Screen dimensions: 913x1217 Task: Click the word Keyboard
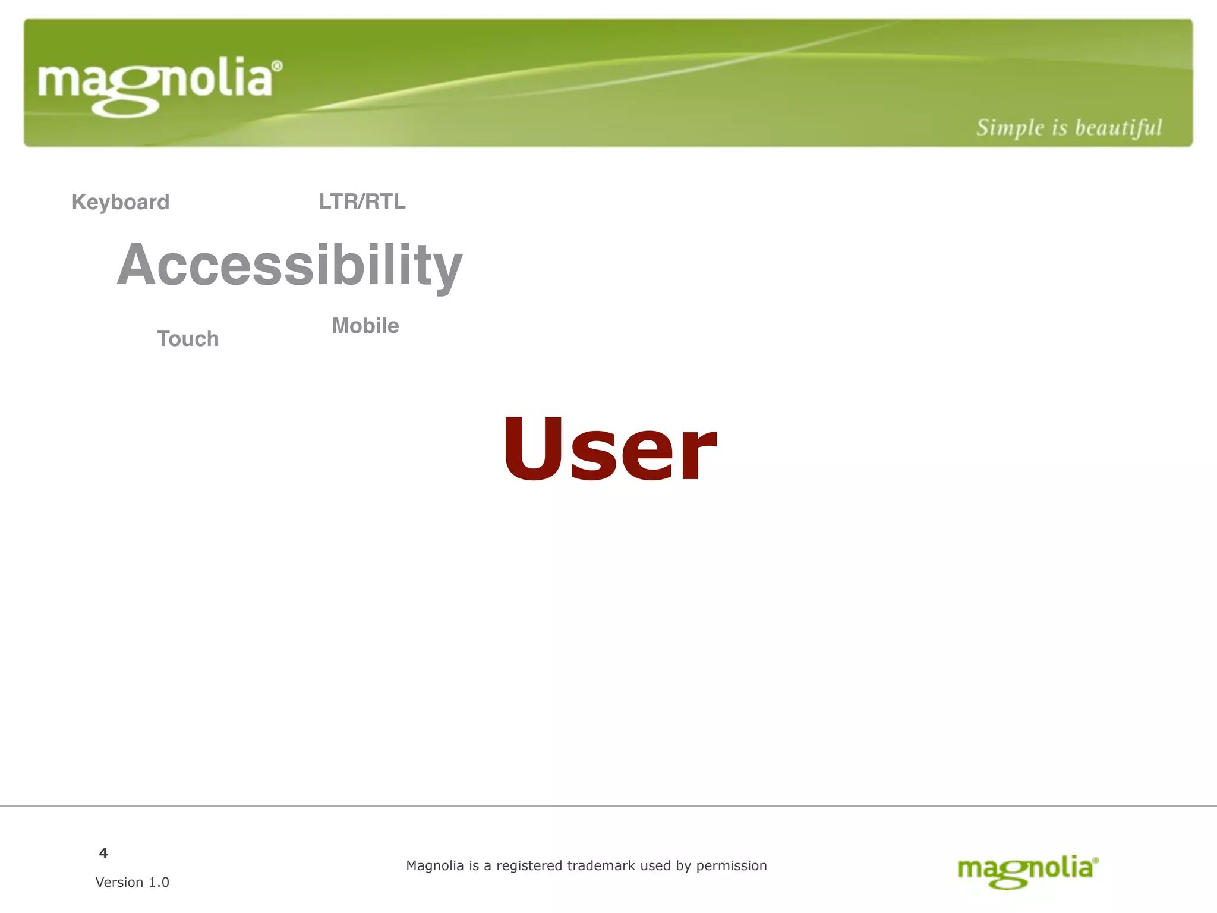(121, 202)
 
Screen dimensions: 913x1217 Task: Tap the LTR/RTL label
(362, 202)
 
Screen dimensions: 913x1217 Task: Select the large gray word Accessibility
(289, 265)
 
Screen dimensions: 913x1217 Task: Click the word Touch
(188, 339)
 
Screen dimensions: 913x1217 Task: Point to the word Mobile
(365, 326)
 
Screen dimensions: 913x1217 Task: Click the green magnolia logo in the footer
(1027, 871)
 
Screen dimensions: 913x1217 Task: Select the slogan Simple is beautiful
(1068, 128)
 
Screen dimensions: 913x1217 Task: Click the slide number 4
(103, 853)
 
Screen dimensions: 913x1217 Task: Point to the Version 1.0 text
(132, 882)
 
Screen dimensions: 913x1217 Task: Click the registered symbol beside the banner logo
(277, 66)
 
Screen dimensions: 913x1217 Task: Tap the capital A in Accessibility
(138, 265)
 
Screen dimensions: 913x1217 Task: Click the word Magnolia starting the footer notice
(434, 866)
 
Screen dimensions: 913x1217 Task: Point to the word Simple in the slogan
(1010, 128)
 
